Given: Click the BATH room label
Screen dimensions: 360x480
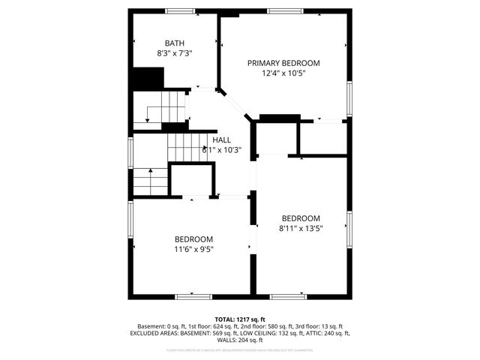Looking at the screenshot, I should point(175,43).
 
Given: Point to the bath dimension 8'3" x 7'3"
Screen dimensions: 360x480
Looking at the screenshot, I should point(175,54).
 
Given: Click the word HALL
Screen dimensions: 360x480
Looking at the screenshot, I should point(221,139).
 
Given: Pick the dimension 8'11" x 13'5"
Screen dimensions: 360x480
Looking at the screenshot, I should point(301,229).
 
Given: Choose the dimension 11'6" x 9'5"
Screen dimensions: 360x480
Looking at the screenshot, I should point(194,250).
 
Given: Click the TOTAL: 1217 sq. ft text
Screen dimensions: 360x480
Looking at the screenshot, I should point(240,319).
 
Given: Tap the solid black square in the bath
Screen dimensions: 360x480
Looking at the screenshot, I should point(148,78).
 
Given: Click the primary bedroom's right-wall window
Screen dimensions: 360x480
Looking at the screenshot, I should point(349,97).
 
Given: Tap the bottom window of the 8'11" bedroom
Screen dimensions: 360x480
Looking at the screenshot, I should point(288,296).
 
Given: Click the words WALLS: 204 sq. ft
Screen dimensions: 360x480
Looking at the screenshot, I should point(240,340).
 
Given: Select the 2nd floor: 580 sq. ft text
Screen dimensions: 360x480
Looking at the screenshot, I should point(265,326).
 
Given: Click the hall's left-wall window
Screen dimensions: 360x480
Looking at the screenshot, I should point(130,154).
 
